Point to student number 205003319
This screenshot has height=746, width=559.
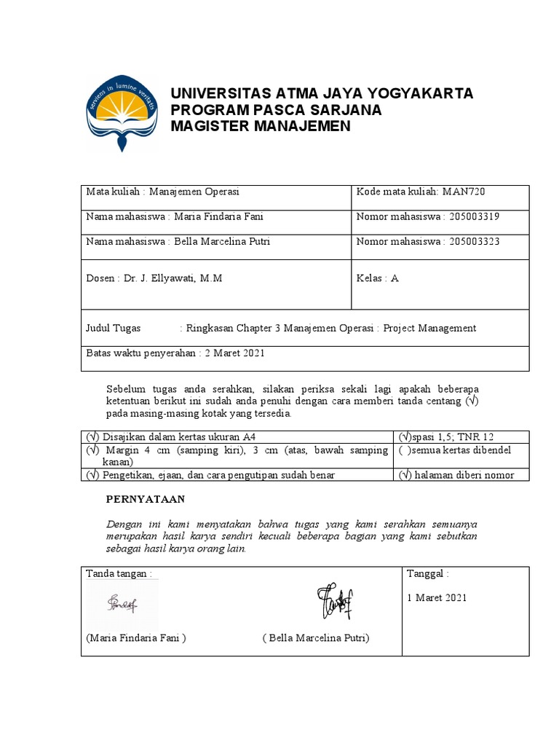tap(474, 216)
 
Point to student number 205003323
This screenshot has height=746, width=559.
tap(474, 241)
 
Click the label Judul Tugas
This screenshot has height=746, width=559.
tap(114, 328)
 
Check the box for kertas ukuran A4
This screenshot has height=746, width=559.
tap(92, 437)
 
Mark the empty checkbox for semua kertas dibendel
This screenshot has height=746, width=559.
tap(405, 450)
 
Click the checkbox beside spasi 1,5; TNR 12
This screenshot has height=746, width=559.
tap(405, 437)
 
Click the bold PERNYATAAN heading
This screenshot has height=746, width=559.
tap(146, 499)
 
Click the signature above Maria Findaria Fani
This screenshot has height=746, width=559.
tap(122, 602)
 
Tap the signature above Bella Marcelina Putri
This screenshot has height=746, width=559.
tap(332, 600)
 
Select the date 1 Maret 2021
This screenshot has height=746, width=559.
tap(437, 598)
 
